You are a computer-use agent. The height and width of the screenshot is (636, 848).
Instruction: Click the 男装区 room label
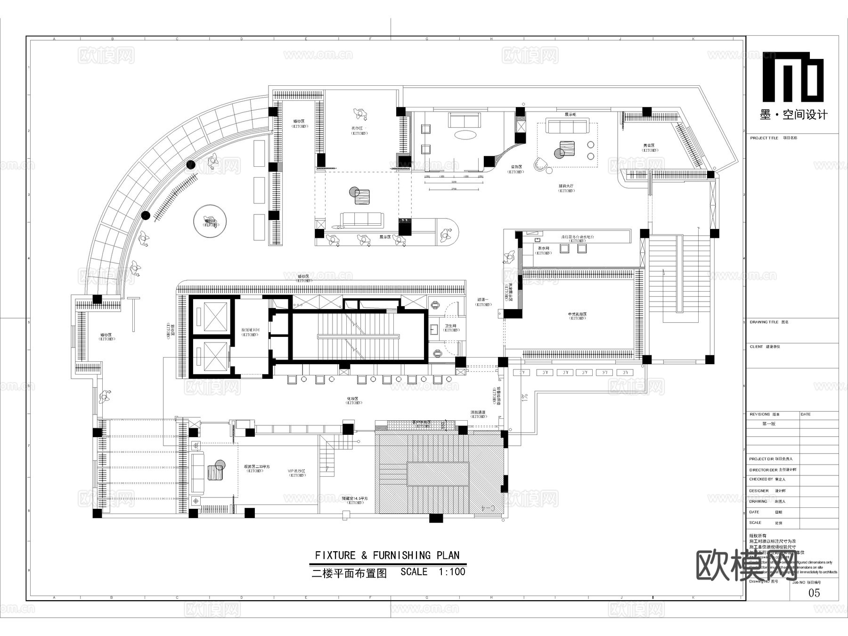(x=650, y=146)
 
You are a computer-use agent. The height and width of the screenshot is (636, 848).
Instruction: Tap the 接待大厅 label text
(x=566, y=186)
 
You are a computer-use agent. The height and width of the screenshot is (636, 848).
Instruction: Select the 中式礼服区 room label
(x=577, y=314)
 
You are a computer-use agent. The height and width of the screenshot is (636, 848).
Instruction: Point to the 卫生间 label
(x=451, y=326)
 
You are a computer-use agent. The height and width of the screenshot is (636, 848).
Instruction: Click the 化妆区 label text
(x=353, y=399)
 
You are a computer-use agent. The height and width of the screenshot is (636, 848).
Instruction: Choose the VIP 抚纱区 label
(x=297, y=471)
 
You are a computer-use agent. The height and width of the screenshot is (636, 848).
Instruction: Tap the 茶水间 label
(x=543, y=248)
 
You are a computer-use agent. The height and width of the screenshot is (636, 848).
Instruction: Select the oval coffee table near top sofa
(x=465, y=135)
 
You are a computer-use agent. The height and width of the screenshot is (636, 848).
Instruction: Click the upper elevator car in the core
(x=211, y=315)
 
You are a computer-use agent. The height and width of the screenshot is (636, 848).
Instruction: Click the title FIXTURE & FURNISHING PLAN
(x=387, y=555)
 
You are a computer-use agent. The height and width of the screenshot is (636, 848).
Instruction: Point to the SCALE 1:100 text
(x=432, y=572)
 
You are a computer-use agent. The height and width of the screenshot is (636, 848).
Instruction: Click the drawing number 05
(x=814, y=593)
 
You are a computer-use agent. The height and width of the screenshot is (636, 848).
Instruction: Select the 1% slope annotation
(x=524, y=397)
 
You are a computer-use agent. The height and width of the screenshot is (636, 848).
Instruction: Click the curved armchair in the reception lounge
(x=541, y=164)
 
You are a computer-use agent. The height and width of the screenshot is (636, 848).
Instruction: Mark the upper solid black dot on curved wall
(x=191, y=164)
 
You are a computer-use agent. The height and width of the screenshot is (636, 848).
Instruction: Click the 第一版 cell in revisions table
(x=768, y=424)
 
